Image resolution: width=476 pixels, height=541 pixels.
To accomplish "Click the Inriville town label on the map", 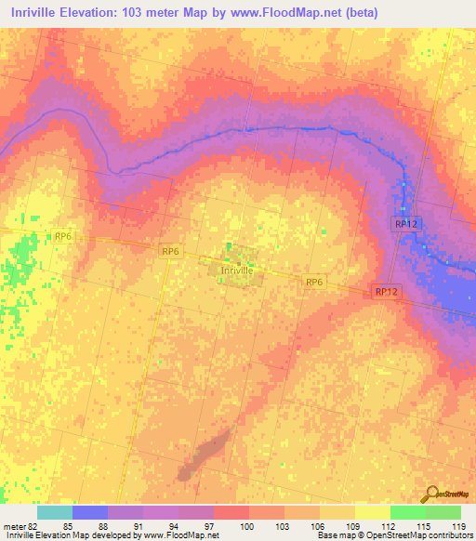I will click(x=236, y=270).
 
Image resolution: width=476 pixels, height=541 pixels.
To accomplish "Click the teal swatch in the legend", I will click(x=55, y=512).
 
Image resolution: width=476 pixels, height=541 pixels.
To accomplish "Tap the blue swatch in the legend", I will click(x=90, y=512).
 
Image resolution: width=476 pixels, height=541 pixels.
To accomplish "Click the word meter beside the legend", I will click(x=13, y=526).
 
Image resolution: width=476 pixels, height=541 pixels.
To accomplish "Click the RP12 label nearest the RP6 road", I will click(x=387, y=292).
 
